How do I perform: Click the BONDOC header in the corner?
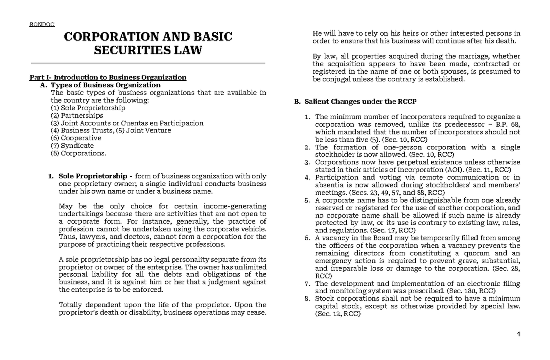(x=42, y=24)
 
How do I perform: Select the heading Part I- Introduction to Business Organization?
(x=108, y=77)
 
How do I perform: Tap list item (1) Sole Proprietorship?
(x=88, y=108)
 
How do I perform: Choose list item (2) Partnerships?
(x=77, y=116)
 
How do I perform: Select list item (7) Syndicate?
(x=72, y=145)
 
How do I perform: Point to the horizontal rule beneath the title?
(x=148, y=62)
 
